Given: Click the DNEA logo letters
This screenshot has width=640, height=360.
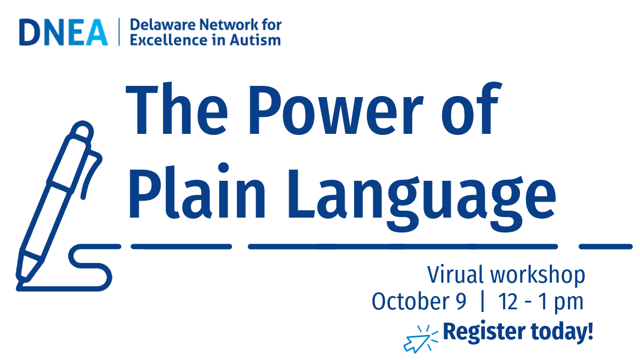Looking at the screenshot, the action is tap(63, 32).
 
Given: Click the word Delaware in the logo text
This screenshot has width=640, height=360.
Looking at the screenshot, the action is tap(163, 25).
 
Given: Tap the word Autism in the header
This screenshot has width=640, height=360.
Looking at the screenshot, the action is tap(255, 39).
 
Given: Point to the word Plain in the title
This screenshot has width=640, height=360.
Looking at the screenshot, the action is tap(198, 191).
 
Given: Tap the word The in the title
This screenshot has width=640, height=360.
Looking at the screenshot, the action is tap(177, 109).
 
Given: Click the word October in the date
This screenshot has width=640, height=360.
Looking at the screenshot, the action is tap(411, 301).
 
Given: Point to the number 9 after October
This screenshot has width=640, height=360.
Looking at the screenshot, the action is tap(461, 302).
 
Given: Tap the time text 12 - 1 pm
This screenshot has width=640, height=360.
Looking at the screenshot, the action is tap(541, 303).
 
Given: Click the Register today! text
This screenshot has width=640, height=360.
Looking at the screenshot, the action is tap(518, 332).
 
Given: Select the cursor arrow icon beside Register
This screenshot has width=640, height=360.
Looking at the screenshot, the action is tap(420, 339).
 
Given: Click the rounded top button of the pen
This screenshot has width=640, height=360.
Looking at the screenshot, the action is tap(83, 130).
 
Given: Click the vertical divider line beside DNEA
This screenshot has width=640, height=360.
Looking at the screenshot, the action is tap(119, 31).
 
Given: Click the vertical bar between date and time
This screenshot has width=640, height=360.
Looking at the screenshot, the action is tap(483, 301).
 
